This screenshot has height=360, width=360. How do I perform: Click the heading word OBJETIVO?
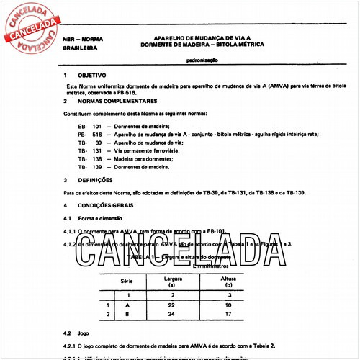(92, 75)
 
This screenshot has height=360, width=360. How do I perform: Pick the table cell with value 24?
(172, 315)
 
